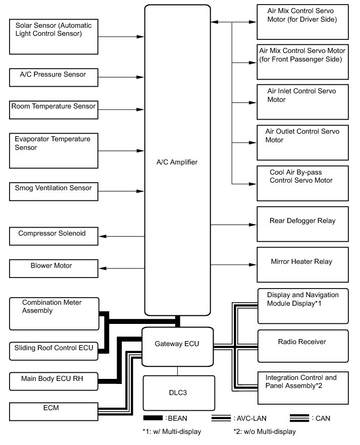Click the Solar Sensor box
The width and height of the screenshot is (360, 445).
(x=54, y=36)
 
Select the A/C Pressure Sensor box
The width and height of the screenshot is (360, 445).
(x=54, y=77)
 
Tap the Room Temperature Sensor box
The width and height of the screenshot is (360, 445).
(x=54, y=109)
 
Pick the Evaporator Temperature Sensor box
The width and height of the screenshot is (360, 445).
(x=54, y=150)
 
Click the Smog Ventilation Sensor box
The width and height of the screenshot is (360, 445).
(x=54, y=191)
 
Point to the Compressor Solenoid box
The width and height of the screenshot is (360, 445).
(x=54, y=236)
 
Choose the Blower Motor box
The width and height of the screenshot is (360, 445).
(x=54, y=268)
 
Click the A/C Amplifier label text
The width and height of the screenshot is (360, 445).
(x=177, y=162)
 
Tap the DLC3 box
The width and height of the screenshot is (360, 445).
(x=177, y=393)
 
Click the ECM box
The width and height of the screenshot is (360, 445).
(x=54, y=410)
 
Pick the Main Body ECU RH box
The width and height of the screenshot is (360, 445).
(x=54, y=381)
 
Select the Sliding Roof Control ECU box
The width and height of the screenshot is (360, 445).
(x=54, y=351)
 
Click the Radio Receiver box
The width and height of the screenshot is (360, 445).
(x=302, y=346)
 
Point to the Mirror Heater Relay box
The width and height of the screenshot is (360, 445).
(x=302, y=264)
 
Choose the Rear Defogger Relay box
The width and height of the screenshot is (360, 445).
(x=302, y=224)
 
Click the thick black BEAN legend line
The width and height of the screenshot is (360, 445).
(x=160, y=418)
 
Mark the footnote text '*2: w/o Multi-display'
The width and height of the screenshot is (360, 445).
(x=265, y=431)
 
